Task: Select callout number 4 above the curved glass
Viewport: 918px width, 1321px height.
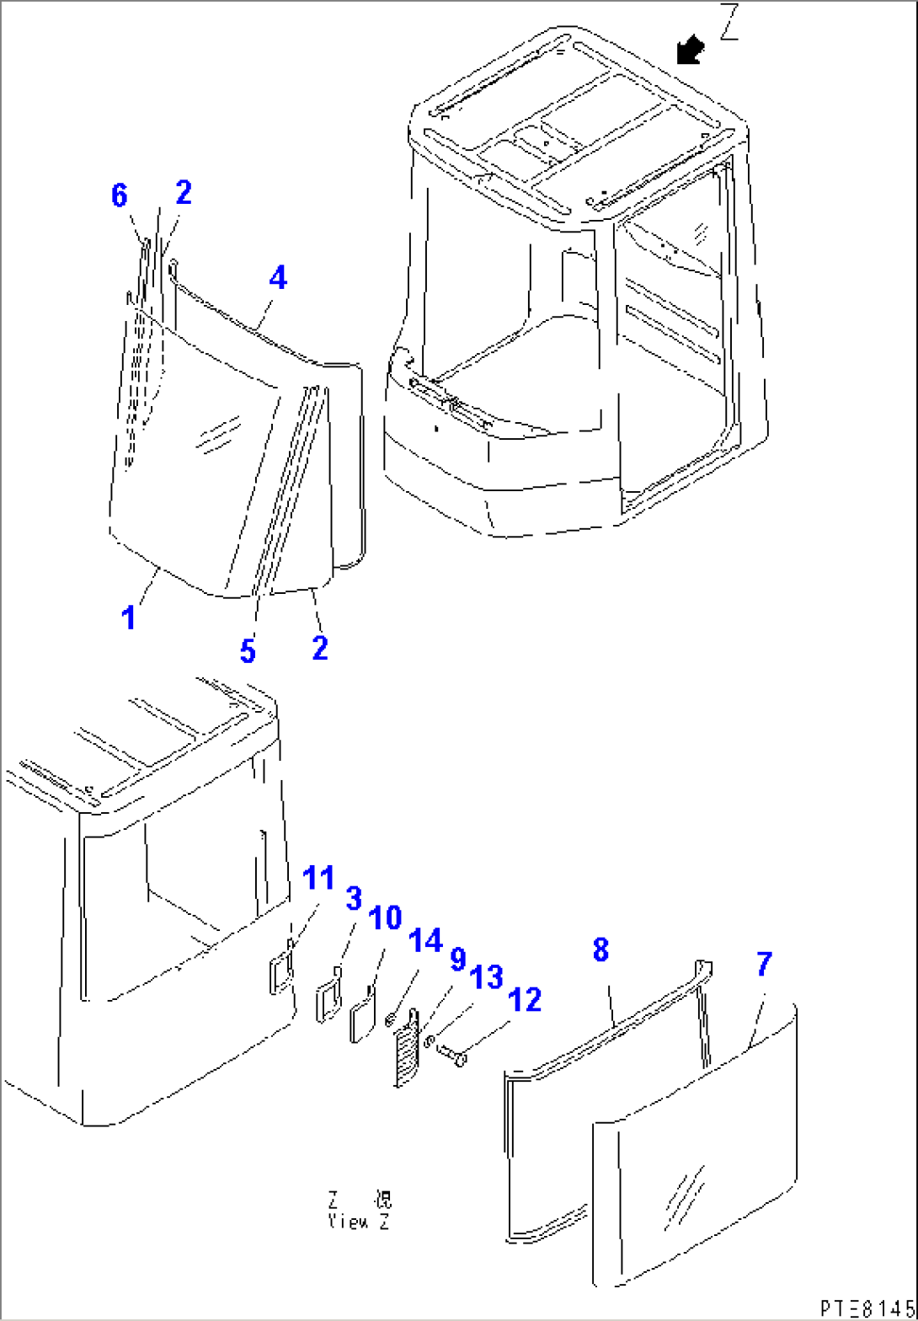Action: [278, 277]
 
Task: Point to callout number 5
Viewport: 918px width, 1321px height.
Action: [247, 651]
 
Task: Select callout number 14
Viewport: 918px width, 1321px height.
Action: [425, 940]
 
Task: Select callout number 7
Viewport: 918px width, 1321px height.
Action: [763, 965]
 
